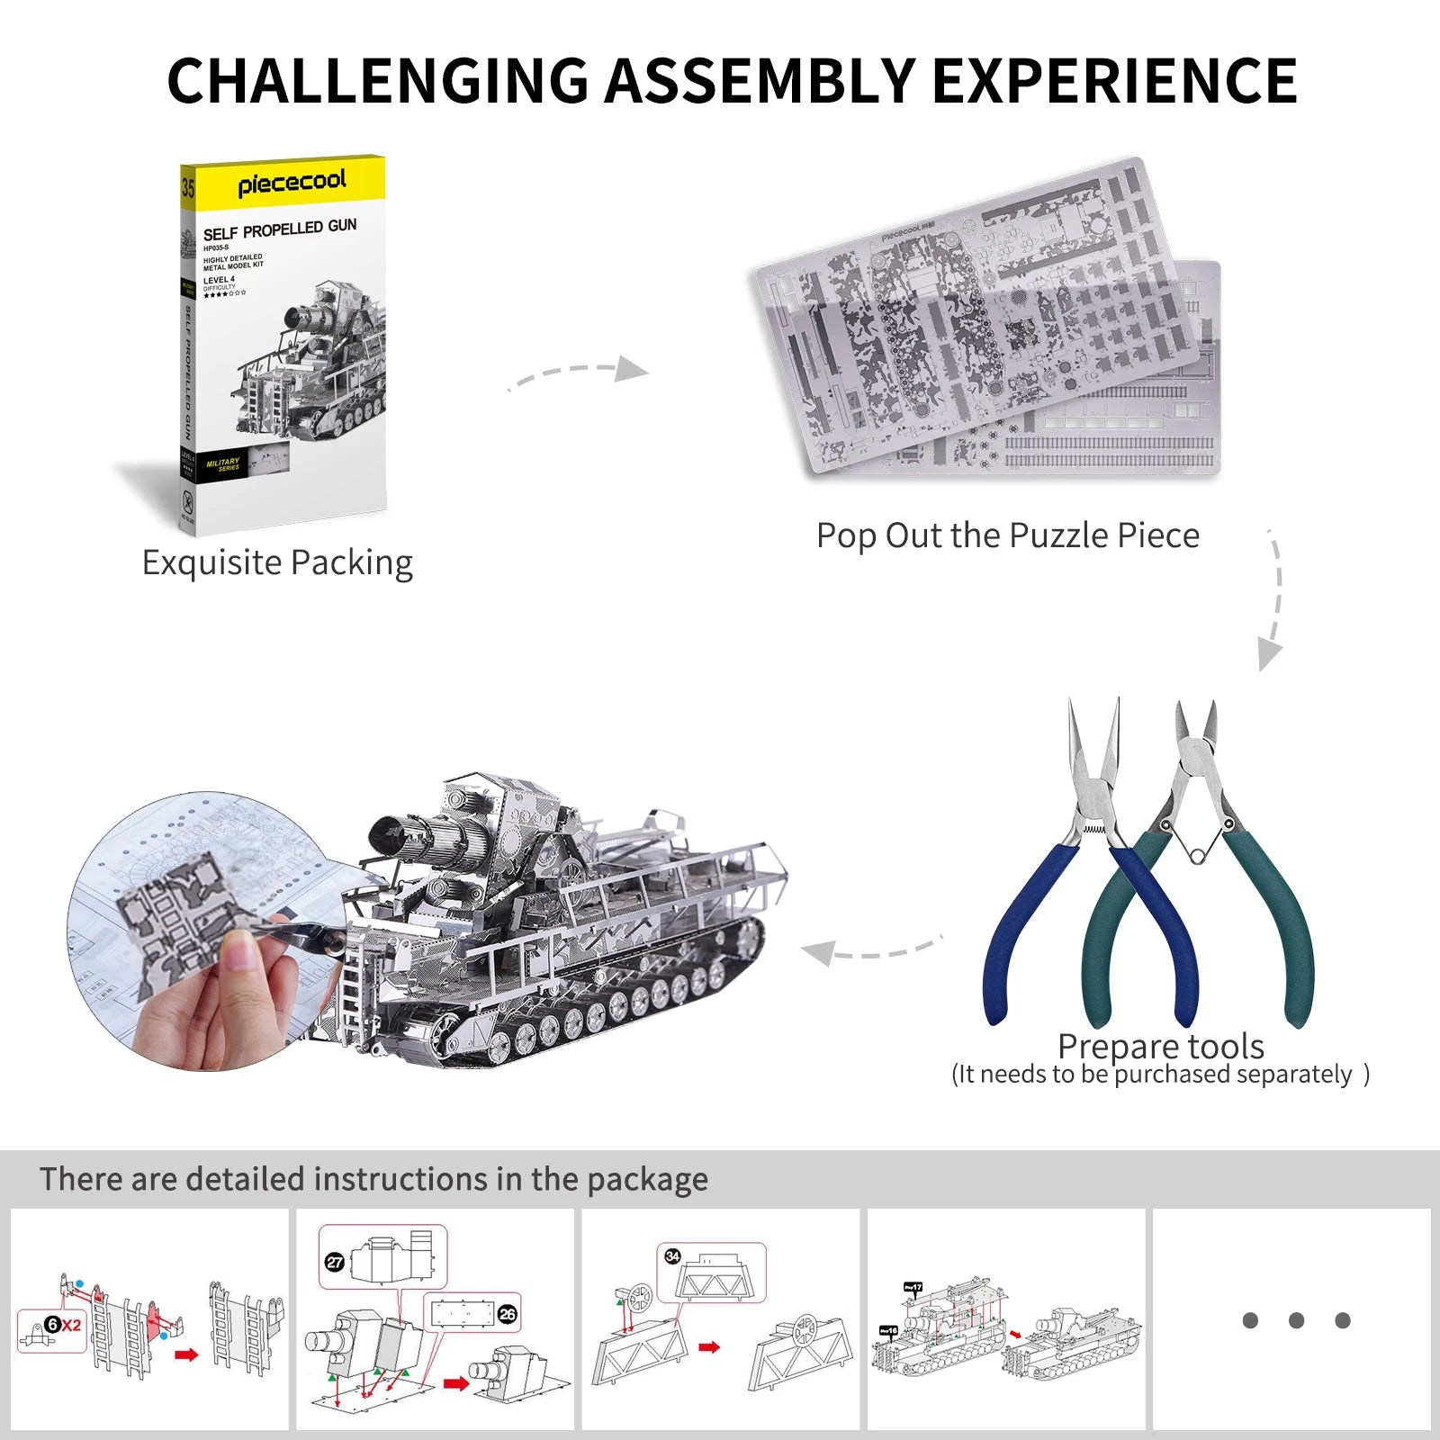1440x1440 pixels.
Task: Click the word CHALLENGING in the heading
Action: [x=377, y=81]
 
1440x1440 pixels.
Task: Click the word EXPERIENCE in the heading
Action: [x=1114, y=81]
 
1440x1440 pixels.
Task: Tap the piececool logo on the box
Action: [x=292, y=183]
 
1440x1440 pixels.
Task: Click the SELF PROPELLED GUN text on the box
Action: [x=280, y=229]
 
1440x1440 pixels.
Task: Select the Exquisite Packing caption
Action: [x=277, y=562]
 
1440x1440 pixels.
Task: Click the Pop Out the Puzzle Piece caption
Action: [x=1007, y=535]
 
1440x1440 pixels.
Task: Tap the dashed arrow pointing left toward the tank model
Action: [x=868, y=950]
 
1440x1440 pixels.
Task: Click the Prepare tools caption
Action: [x=1160, y=1046]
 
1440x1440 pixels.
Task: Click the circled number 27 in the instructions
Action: [x=335, y=1262]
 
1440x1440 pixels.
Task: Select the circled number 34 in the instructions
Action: [x=672, y=1256]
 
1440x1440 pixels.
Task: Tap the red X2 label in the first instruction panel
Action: [x=71, y=1325]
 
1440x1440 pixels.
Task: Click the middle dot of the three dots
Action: [x=1296, y=1320]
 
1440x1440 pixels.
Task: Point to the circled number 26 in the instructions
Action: [x=508, y=1314]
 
